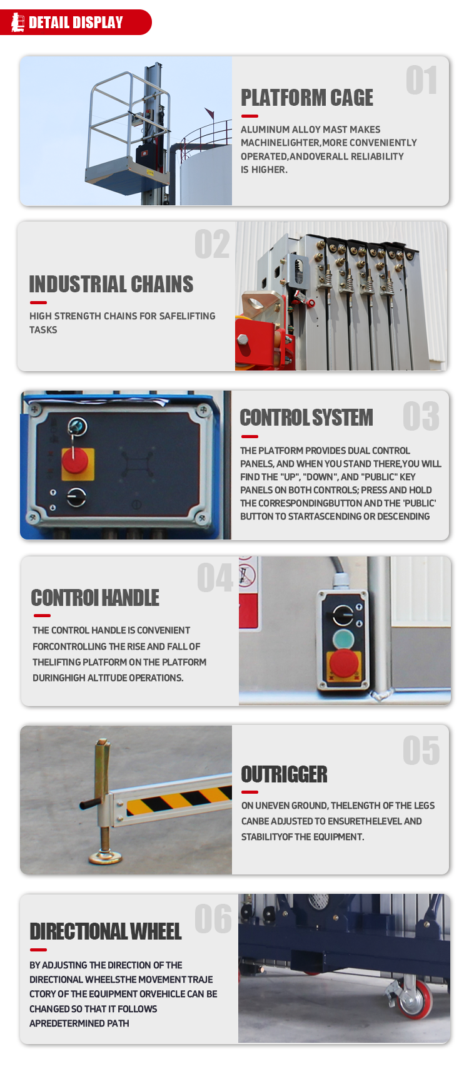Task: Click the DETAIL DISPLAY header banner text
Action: (x=76, y=23)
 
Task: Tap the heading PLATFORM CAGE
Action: (x=307, y=98)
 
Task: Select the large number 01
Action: (x=421, y=80)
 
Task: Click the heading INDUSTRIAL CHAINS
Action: (x=111, y=284)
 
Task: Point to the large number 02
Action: (x=212, y=245)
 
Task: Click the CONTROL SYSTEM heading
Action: (x=306, y=418)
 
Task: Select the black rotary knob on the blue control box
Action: (x=76, y=497)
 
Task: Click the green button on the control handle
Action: (x=343, y=638)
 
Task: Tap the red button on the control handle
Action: (x=344, y=662)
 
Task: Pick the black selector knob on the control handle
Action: (x=343, y=615)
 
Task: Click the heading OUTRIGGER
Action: (x=284, y=774)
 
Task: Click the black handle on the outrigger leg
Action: (x=91, y=804)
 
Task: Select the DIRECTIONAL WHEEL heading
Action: (x=106, y=931)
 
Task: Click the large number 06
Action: (x=213, y=918)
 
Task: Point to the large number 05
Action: (x=421, y=751)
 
